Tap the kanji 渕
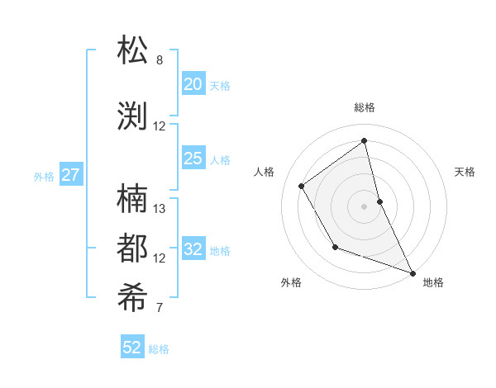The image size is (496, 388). pos(133,116)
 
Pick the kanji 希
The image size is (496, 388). pos(133,299)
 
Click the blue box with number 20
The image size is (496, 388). pos(193,84)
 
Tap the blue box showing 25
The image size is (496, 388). pos(193,159)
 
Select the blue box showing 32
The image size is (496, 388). pos(193,249)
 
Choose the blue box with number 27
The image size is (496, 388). pos(71,175)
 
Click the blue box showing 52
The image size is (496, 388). pos(132,348)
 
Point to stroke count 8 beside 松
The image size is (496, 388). pos(160,60)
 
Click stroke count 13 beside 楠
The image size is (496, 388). pos(160,209)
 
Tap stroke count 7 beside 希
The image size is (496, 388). pos(160,309)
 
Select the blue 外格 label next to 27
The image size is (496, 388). pos(44,176)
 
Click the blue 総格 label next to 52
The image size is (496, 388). pos(159,349)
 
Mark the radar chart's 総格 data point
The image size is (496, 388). pos(364,140)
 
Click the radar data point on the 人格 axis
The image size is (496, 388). pos(302,186)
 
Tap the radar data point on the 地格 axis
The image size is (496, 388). pos(413,272)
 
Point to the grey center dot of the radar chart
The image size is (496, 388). pos(364,206)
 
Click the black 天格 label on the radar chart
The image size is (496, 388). pos(465,172)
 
